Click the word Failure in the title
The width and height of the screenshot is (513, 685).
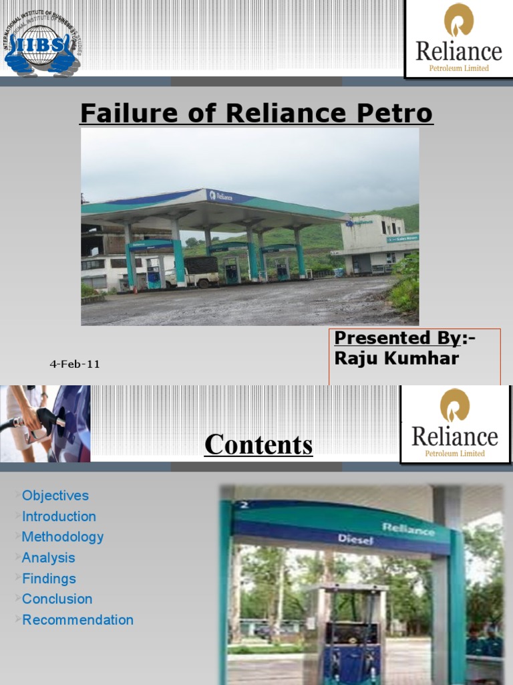118,113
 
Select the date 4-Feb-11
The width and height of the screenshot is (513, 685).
75,364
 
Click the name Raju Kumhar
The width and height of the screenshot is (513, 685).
396,358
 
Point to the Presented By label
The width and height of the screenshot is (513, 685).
404,338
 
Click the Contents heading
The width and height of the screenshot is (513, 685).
259,444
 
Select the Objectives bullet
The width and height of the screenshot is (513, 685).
55,496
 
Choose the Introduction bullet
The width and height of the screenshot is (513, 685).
59,516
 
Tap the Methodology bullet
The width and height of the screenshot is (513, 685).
63,536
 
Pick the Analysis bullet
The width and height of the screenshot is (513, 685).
48,557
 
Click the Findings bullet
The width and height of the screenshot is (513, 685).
49,578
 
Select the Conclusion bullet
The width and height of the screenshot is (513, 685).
57,599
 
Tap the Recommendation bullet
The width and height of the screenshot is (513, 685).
77,619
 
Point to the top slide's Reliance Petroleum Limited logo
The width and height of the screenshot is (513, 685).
458,38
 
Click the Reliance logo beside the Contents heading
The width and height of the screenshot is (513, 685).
455,424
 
